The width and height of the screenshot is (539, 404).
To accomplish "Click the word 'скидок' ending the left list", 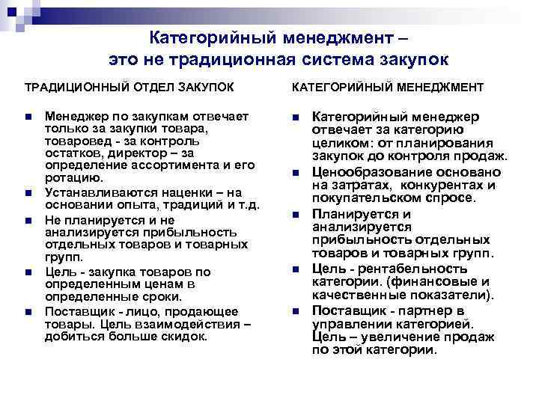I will (x=181, y=336).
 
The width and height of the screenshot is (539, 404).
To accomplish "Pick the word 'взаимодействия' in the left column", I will (x=196, y=323).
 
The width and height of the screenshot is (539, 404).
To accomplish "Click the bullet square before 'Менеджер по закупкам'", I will (x=27, y=117).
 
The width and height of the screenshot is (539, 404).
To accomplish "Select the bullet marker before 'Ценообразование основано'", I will (x=295, y=174).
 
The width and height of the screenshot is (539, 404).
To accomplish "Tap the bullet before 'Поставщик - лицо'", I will (x=27, y=310).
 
